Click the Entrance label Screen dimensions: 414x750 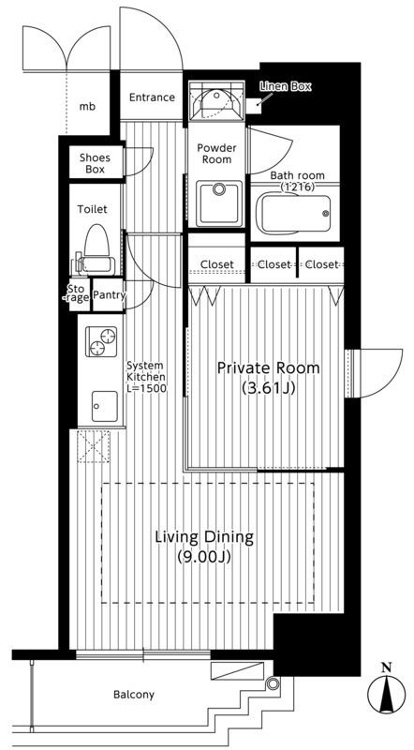click(x=152, y=97)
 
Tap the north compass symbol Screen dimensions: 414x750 click(x=386, y=689)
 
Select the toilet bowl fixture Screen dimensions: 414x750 click(x=96, y=249)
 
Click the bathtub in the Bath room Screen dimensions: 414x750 click(x=294, y=214)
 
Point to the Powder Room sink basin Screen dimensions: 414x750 click(x=219, y=202)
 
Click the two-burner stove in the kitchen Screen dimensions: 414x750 click(x=101, y=341)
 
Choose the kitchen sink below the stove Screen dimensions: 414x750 click(x=104, y=406)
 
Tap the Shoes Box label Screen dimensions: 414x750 click(x=96, y=163)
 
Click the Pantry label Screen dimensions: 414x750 click(x=109, y=295)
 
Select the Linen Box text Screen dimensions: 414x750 click(x=286, y=86)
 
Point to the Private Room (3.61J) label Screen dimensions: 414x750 click(x=268, y=377)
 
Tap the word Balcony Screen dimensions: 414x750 click(x=134, y=695)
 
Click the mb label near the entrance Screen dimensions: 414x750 click(x=87, y=107)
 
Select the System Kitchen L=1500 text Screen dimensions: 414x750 click(x=146, y=377)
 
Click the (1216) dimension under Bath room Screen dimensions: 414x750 click(x=297, y=187)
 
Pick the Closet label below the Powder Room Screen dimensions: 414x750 click(x=217, y=264)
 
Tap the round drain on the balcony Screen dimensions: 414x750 click(x=273, y=683)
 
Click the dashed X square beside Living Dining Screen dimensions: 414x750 click(x=94, y=446)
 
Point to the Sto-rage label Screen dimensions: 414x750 click(x=79, y=293)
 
